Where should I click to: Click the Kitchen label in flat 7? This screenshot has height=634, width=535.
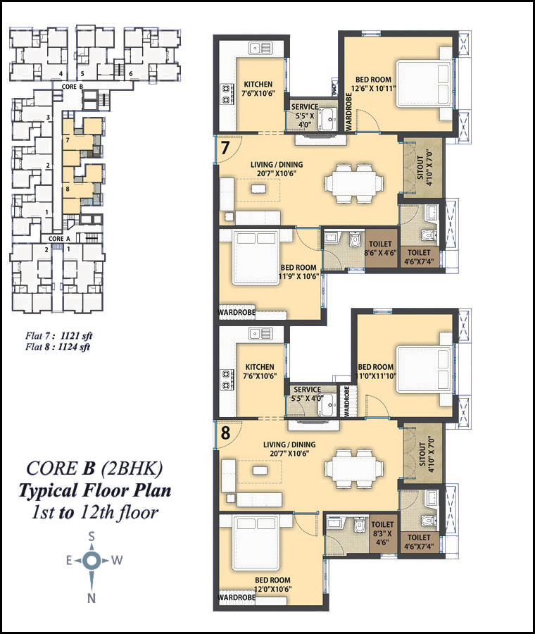pyautogui.click(x=258, y=85)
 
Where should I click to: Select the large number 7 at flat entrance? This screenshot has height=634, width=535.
pyautogui.click(x=225, y=148)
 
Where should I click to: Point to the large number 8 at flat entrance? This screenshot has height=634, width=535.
pyautogui.click(x=225, y=433)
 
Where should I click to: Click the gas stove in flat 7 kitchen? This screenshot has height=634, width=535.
pyautogui.click(x=227, y=94)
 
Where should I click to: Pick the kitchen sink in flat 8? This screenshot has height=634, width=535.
pyautogui.click(x=260, y=334)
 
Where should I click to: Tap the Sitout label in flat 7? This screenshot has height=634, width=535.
pyautogui.click(x=420, y=168)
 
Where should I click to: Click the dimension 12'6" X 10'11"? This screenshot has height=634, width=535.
pyautogui.click(x=373, y=89)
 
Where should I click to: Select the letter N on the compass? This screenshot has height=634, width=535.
pyautogui.click(x=92, y=598)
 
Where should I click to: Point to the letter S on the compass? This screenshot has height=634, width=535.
pyautogui.click(x=92, y=537)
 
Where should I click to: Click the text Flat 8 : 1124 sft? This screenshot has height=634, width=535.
pyautogui.click(x=58, y=347)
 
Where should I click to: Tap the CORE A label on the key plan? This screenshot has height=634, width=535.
pyautogui.click(x=59, y=239)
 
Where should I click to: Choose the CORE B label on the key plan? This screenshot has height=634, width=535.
pyautogui.click(x=73, y=87)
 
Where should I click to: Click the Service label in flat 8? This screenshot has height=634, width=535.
pyautogui.click(x=308, y=390)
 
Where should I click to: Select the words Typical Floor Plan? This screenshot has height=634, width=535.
pyautogui.click(x=95, y=490)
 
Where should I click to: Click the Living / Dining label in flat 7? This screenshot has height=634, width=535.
pyautogui.click(x=277, y=165)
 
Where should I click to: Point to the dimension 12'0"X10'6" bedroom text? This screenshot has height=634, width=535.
pyautogui.click(x=272, y=589)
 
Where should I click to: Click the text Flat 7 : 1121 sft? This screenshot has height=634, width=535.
pyautogui.click(x=59, y=335)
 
